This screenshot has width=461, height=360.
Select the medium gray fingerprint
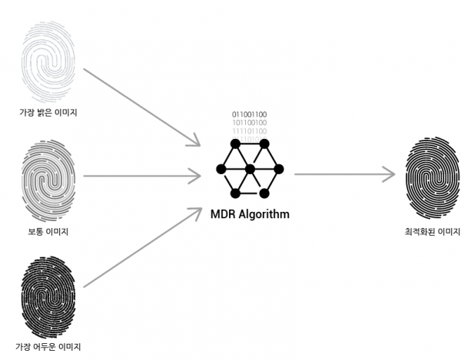click(x=48, y=179)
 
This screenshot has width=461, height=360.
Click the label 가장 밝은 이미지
click(x=48, y=113)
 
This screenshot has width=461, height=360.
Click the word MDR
click(x=224, y=214)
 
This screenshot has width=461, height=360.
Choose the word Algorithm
click(x=264, y=214)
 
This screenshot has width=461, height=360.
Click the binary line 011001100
click(x=250, y=114)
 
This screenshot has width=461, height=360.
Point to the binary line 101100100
click(x=250, y=123)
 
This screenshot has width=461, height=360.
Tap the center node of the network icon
click(x=249, y=169)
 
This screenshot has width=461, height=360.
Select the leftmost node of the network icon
click(x=220, y=169)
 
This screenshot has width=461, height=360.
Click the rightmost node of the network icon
click(x=278, y=169)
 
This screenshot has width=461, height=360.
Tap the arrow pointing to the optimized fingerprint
click(x=346, y=174)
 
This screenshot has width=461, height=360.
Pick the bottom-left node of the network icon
click(x=234, y=193)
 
